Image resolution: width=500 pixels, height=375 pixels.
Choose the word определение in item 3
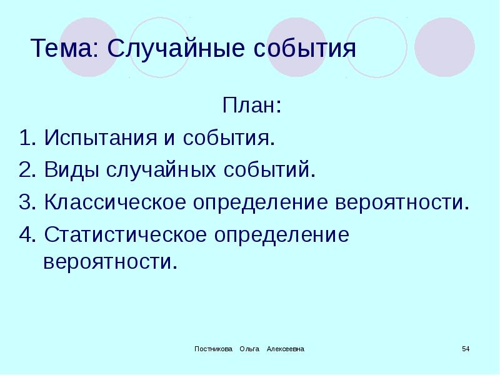264,203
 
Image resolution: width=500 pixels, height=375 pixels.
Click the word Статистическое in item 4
124,236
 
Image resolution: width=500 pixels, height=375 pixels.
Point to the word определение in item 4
282,236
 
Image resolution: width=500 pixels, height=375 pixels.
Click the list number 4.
25,236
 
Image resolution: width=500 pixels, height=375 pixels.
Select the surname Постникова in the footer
212,348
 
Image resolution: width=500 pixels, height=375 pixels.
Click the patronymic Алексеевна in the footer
285,348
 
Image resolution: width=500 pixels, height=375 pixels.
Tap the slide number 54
466,348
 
